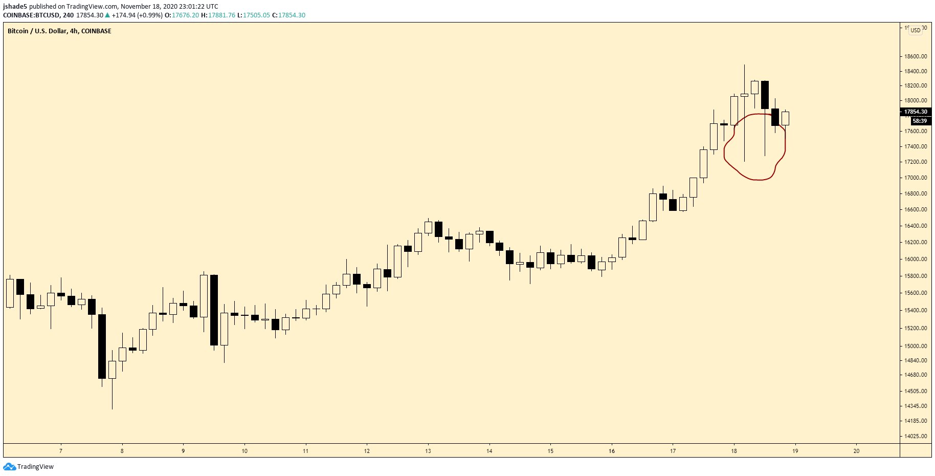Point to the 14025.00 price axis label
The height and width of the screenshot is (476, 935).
916,436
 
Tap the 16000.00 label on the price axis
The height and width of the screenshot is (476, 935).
916,259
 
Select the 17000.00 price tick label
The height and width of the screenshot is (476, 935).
916,178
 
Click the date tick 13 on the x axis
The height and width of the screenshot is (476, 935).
428,451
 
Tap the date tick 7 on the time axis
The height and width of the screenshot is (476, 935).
61,451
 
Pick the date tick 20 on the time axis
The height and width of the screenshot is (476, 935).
856,451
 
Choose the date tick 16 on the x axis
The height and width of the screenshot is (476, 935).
612,451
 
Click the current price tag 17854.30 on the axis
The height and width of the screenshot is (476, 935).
915,112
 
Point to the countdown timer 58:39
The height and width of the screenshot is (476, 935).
919,121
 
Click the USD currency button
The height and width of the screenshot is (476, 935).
915,30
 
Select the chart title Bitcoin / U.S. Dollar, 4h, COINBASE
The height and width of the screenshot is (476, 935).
59,31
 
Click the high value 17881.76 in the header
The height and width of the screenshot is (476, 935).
221,15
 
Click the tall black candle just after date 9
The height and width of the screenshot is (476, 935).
214,310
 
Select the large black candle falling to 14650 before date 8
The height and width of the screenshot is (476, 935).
102,346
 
